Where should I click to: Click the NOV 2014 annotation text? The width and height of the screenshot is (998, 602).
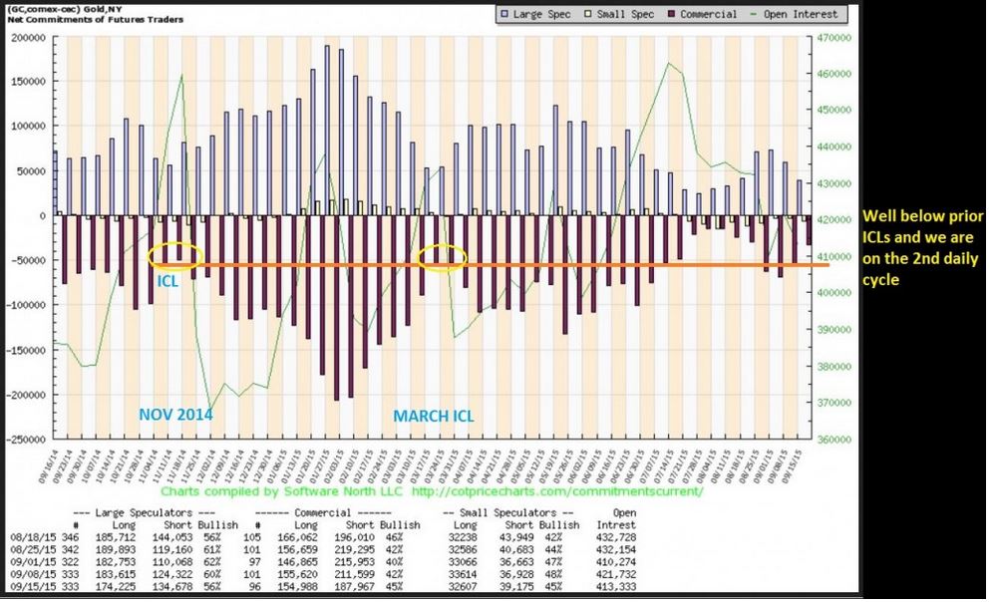[x=176, y=415]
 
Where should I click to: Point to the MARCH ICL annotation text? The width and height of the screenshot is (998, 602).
[x=434, y=416]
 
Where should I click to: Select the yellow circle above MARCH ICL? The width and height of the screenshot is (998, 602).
[x=443, y=257]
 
